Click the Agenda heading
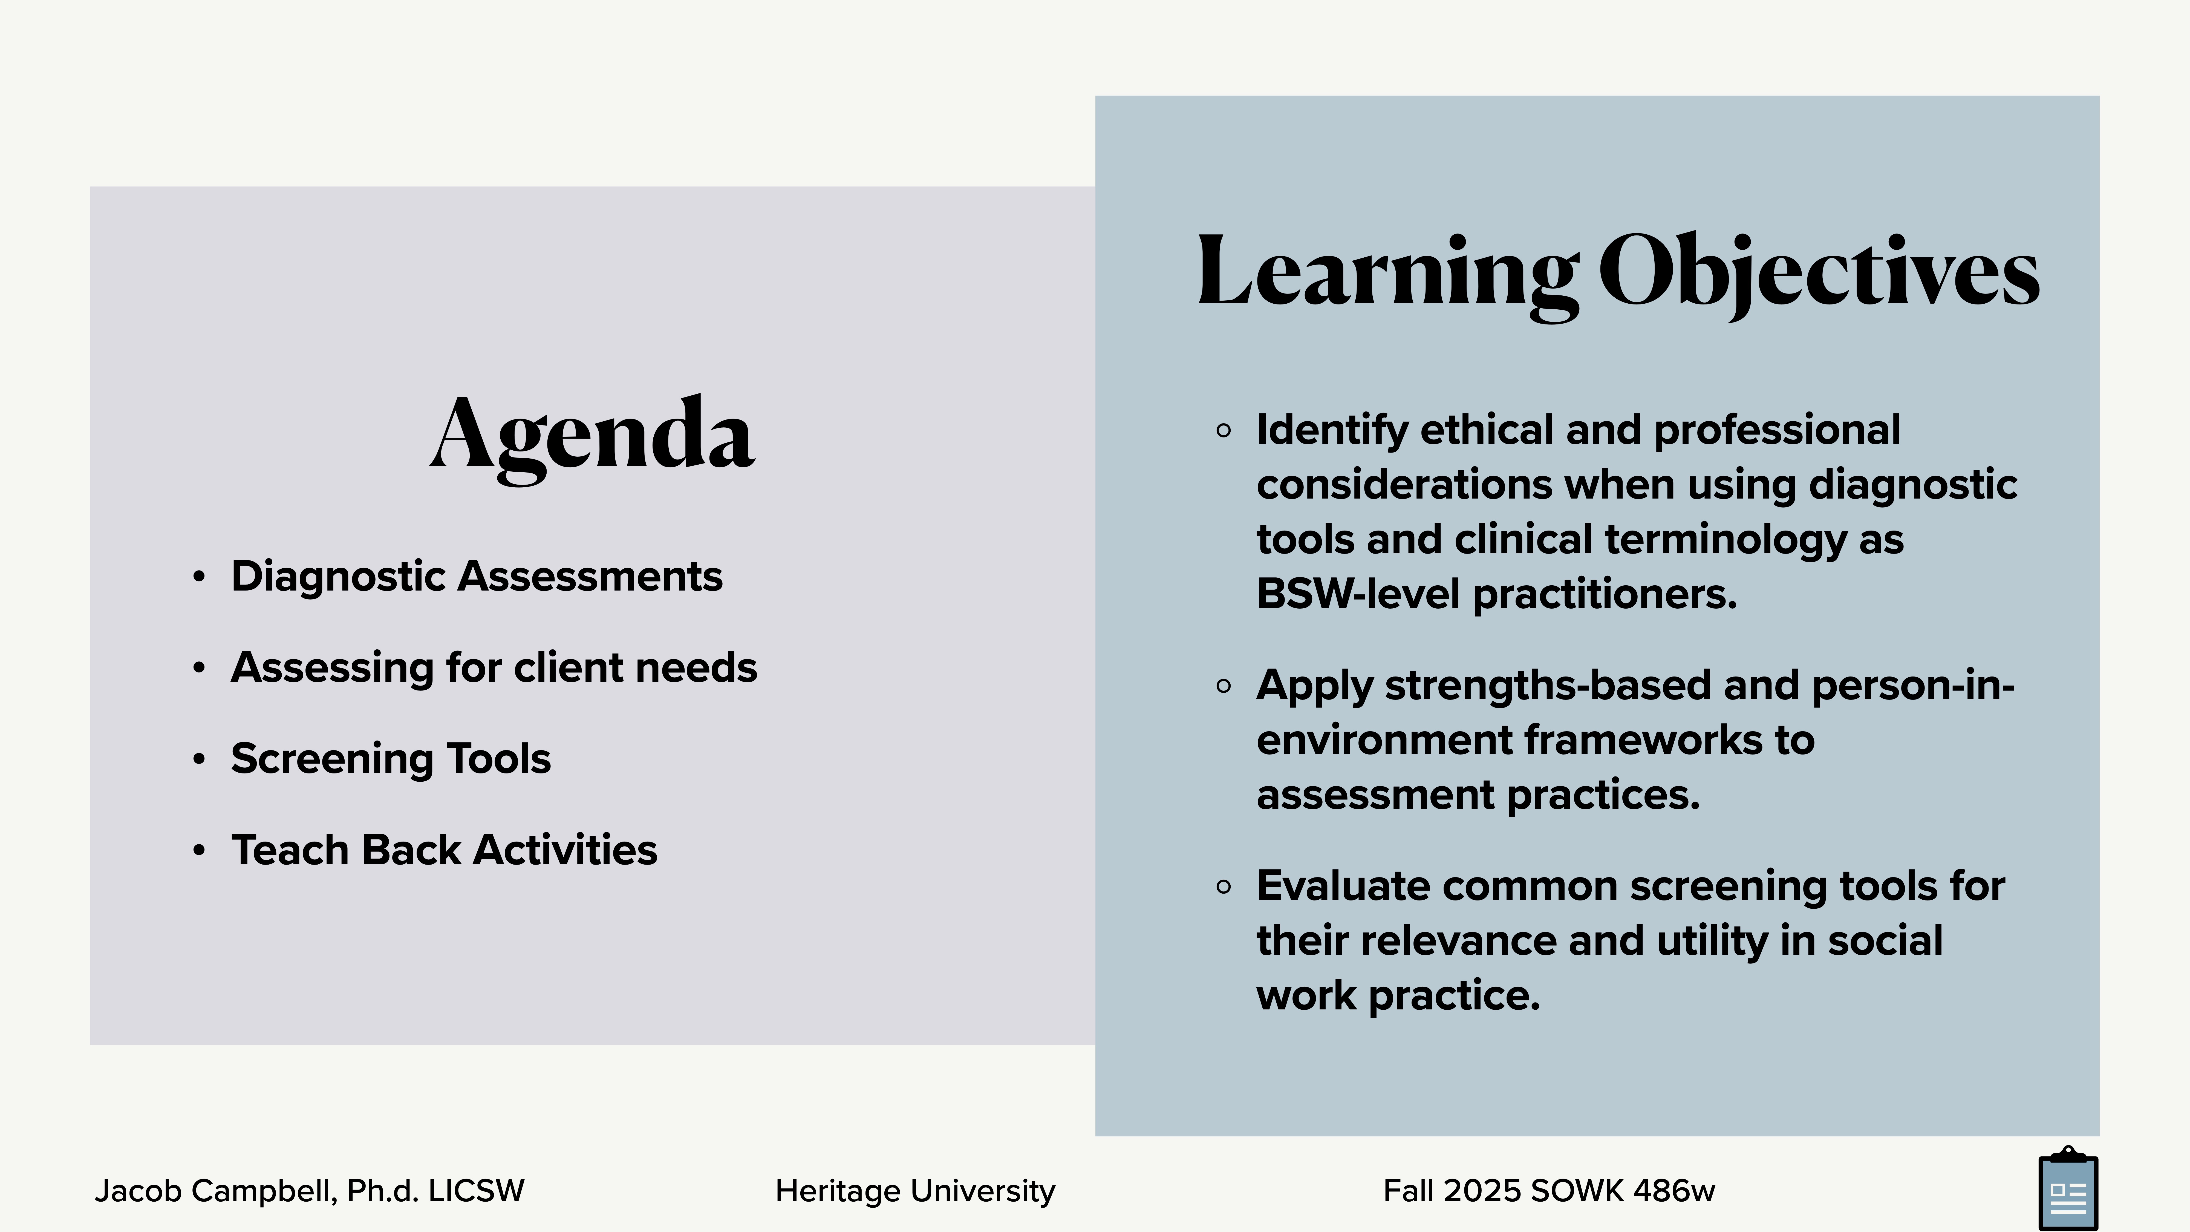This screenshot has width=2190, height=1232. click(593, 435)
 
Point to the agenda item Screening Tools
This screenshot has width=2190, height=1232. click(390, 758)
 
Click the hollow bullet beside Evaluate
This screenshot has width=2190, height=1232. click(1224, 887)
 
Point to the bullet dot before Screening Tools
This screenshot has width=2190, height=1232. click(199, 758)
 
